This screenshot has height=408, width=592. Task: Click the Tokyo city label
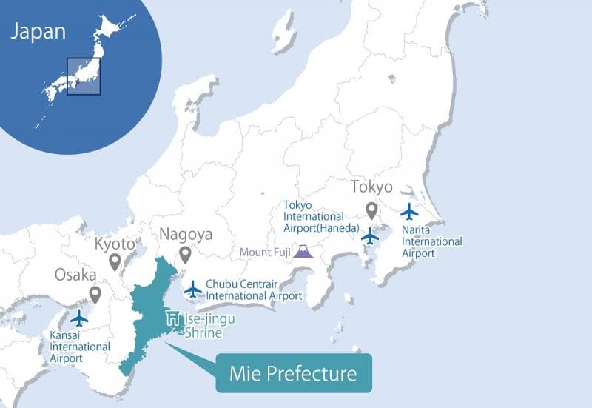click(371, 187)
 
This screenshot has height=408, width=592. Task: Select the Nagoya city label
click(186, 235)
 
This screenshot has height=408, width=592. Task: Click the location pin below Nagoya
click(185, 255)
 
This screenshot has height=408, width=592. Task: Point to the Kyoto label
click(115, 244)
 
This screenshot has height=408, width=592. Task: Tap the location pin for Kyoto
click(115, 261)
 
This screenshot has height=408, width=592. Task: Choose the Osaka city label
click(75, 275)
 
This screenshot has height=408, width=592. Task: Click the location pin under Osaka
click(95, 295)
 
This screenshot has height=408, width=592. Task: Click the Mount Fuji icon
click(302, 251)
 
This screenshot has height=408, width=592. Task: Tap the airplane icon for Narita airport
click(409, 212)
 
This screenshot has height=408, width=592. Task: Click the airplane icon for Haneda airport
click(369, 236)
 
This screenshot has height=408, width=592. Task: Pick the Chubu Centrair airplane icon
click(193, 288)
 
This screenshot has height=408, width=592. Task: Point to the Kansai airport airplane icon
click(78, 318)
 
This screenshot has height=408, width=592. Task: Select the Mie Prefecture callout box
click(294, 372)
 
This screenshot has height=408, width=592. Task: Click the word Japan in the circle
click(38, 31)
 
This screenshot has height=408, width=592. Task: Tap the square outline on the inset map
click(83, 76)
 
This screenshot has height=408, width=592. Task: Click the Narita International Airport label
click(431, 241)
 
